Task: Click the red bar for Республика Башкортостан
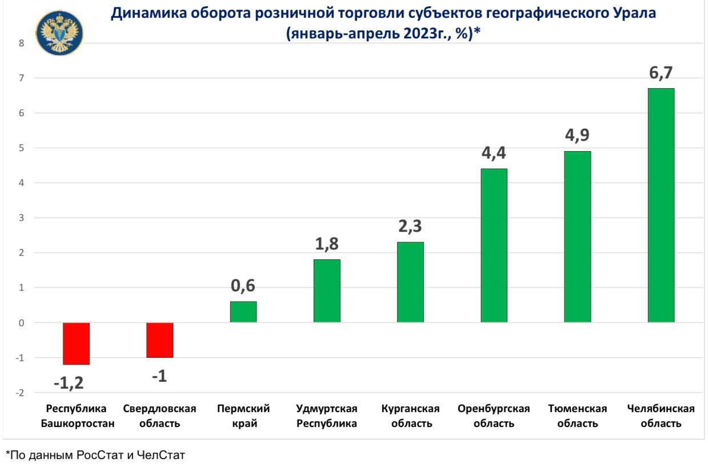pos(76,343)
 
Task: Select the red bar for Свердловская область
pos(159,340)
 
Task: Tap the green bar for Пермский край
pos(243,312)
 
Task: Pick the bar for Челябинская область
pos(661,205)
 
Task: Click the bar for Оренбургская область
pos(494,246)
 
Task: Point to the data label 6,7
pos(661,73)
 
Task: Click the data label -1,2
pos(69,383)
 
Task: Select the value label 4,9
pos(577,136)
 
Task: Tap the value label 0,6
pos(243,286)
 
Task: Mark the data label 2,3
pos(410,226)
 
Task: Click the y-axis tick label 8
pos(22,43)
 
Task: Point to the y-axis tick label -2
pos(21,393)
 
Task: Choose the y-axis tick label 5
pos(22,148)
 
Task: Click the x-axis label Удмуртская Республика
pos(327,416)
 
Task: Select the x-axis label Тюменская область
pos(577,416)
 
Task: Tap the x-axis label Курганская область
pos(410,416)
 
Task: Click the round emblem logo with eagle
pos(59,33)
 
